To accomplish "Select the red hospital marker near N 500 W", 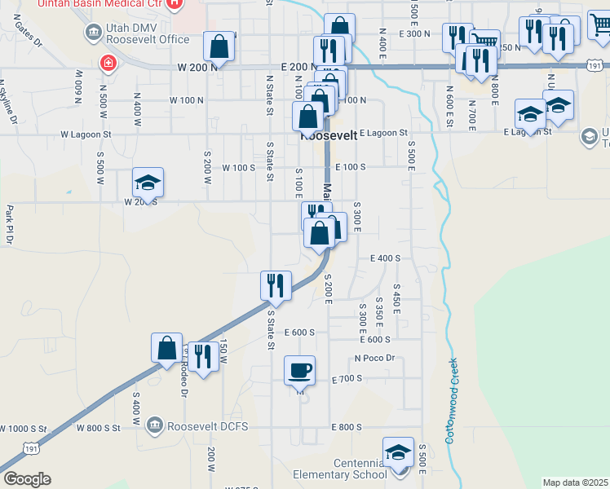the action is click(107, 63).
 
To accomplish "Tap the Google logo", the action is click(27, 479).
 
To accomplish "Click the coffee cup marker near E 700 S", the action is click(299, 372).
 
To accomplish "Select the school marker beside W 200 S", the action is click(148, 183).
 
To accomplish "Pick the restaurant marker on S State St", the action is click(276, 286).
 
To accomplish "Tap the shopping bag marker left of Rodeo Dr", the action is click(166, 348).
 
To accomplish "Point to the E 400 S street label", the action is click(385, 258).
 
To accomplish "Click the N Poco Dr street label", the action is click(374, 358).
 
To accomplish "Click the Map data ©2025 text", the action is click(575, 482).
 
